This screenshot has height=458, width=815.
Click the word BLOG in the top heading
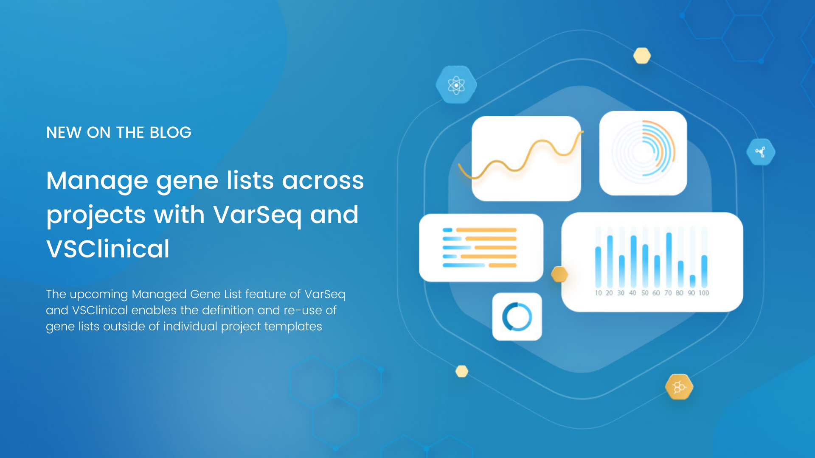coord(170,133)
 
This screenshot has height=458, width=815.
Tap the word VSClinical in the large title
coord(108,249)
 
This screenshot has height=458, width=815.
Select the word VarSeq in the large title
coord(257,215)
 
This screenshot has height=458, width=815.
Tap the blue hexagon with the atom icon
coord(456,85)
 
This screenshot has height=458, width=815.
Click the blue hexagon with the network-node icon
coord(761,152)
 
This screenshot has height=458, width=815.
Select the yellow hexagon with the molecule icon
coord(679,387)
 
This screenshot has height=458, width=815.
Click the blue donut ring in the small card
coord(517,317)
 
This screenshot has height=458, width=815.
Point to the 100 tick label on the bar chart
coord(704,293)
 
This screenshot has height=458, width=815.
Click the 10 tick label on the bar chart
coord(598,293)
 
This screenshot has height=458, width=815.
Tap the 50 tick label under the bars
coord(645,293)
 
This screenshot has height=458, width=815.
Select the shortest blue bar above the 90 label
coord(692,281)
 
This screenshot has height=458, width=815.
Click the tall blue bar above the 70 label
coord(669,260)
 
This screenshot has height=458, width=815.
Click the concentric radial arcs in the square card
coord(644,153)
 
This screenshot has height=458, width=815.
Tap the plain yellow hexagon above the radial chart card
coord(642,56)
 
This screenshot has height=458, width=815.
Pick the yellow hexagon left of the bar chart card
coord(559,274)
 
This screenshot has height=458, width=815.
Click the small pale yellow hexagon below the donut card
coord(462,371)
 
